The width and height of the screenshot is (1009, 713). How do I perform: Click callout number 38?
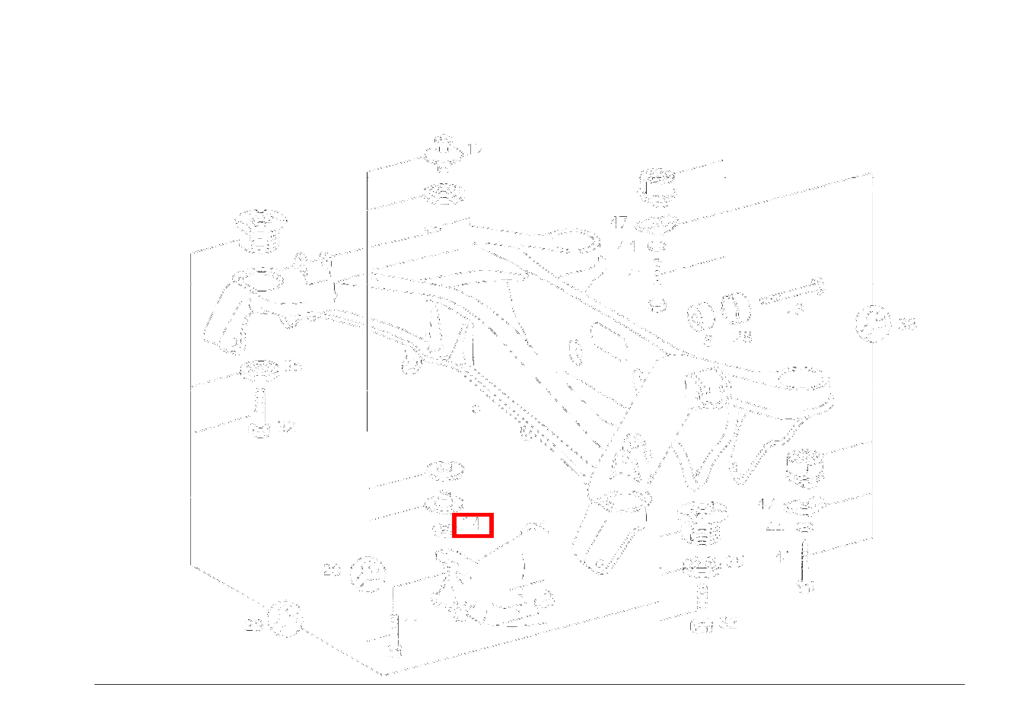(x=906, y=324)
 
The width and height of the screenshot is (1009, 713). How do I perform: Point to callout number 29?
(x=254, y=625)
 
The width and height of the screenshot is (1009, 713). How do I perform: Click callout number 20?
(x=331, y=569)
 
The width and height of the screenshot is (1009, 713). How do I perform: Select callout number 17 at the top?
(x=475, y=151)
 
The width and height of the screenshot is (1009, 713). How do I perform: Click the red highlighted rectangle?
(x=473, y=525)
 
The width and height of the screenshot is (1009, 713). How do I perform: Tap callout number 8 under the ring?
(x=708, y=340)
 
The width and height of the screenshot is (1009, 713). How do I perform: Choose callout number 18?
(x=742, y=336)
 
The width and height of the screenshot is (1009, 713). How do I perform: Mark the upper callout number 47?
(x=619, y=222)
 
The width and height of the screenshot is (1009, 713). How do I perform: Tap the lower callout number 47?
(x=768, y=504)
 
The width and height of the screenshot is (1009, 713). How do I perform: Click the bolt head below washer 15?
(x=260, y=430)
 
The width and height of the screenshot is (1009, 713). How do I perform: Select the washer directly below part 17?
(x=443, y=194)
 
